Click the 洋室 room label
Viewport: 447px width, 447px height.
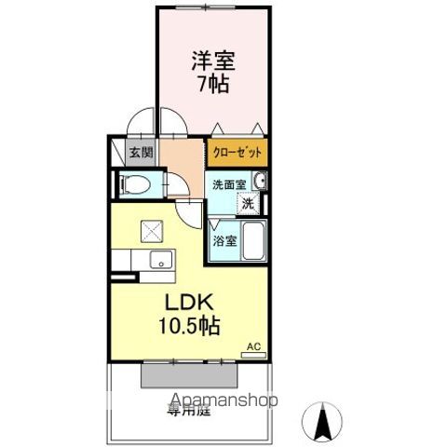214,61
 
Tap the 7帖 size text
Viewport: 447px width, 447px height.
213,84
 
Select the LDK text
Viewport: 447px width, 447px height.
191,305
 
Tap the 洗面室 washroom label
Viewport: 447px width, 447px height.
227,184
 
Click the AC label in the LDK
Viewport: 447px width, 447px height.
252,348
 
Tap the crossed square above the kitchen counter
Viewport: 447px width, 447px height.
151,231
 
